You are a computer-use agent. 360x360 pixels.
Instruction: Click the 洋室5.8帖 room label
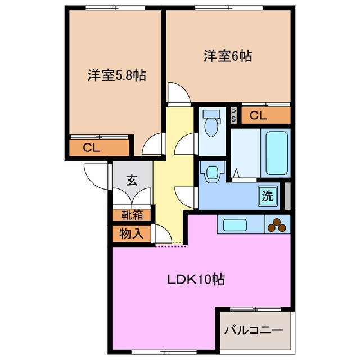[x=116, y=75]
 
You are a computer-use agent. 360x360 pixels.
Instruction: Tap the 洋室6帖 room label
[x=227, y=56]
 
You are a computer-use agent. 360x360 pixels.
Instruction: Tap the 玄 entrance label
[x=132, y=181]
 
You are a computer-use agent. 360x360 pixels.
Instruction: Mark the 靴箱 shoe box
[x=132, y=214]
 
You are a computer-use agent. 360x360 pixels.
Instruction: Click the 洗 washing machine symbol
[x=268, y=196]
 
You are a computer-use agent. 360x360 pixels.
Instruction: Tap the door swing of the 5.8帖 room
[x=152, y=145]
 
